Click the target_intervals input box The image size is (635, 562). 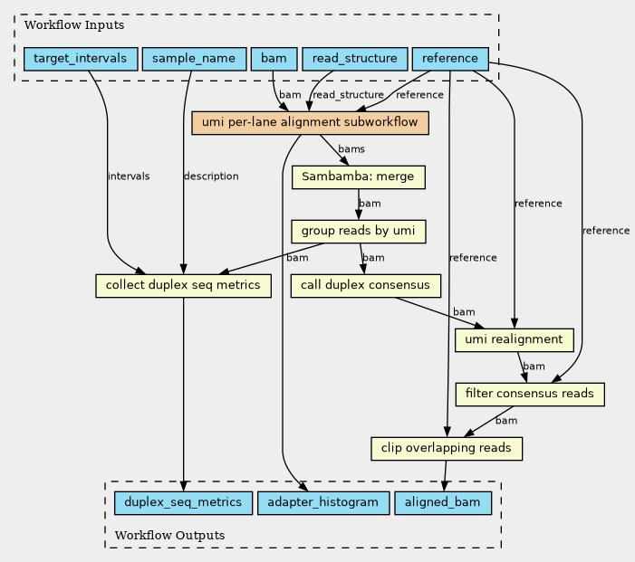81,59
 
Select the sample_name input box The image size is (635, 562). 195,59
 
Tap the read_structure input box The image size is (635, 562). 355,59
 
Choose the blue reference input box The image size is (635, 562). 450,59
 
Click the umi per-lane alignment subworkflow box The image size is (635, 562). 310,123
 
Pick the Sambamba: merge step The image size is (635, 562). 359,177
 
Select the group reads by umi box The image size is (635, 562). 359,232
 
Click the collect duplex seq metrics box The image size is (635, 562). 184,286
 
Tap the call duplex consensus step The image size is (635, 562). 366,286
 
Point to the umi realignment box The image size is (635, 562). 515,340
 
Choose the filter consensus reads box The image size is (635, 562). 530,395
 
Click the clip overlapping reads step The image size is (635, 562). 447,449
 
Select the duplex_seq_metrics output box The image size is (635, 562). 184,503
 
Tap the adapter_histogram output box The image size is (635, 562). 323,503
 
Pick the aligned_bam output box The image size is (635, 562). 443,503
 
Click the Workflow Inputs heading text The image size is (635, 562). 74,25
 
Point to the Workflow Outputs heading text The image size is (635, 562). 169,536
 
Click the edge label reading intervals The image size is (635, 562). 129,176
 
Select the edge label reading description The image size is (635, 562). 211,176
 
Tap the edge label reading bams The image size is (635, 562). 351,149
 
